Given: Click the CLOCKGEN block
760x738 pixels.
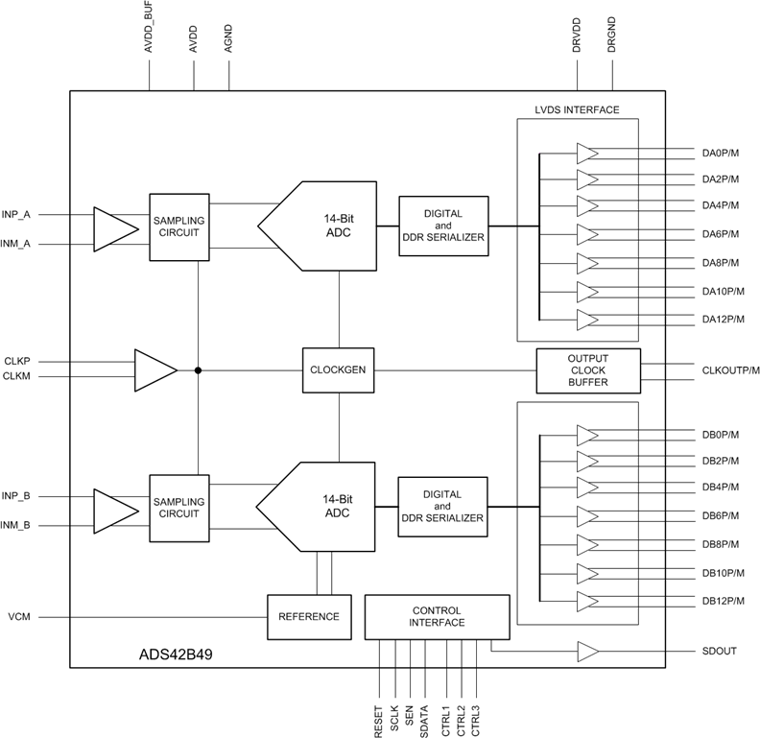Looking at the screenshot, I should [x=338, y=369].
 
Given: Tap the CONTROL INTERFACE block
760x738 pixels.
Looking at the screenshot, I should [x=437, y=617].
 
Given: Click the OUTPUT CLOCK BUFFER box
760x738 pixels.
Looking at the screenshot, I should [x=588, y=370].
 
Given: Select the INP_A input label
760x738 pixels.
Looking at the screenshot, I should [x=16, y=214].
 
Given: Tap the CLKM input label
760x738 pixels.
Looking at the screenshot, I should [x=17, y=376].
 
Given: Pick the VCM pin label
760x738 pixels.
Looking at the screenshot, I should [x=19, y=616].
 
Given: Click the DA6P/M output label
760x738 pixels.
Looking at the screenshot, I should [x=723, y=234].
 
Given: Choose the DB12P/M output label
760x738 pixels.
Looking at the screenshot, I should [x=724, y=601].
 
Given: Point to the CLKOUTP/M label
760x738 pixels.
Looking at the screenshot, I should [x=730, y=369].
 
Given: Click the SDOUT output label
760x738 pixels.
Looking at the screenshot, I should [x=720, y=652].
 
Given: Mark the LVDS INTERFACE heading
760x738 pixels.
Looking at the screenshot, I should [x=577, y=110].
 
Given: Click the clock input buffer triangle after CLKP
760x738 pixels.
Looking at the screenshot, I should [x=154, y=369].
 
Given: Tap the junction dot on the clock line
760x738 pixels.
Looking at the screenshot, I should [x=198, y=369].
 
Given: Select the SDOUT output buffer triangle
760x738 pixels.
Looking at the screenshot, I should [x=587, y=652].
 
